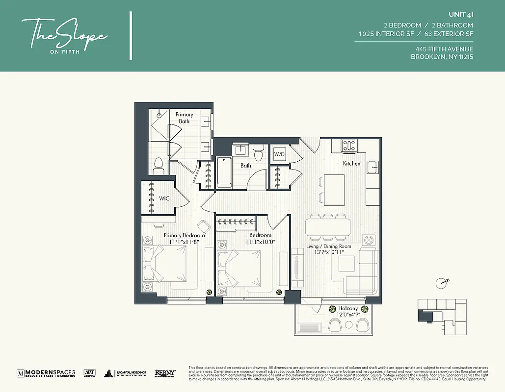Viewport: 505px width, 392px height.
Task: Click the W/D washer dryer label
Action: pos(279,154)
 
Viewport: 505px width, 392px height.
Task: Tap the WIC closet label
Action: pos(164,198)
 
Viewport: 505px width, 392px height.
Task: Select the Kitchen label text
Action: pos(351,163)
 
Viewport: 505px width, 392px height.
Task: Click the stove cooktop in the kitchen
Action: pos(349,146)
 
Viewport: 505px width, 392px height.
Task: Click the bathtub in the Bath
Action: pos(224,172)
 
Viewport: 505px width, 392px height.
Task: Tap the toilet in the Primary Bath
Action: pos(158,166)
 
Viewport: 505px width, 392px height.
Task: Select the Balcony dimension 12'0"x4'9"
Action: pos(348,315)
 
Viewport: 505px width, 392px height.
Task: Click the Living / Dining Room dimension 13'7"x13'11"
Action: pos(329,252)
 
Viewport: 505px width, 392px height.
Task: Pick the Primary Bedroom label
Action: pos(184,235)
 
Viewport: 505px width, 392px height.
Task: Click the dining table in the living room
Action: pos(328,227)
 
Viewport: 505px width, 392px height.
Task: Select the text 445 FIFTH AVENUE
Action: pos(444,49)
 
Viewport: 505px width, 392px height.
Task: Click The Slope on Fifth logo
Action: pos(64,36)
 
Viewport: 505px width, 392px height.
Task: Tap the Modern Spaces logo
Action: pos(46,373)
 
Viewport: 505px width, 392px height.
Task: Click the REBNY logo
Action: pos(165,373)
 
